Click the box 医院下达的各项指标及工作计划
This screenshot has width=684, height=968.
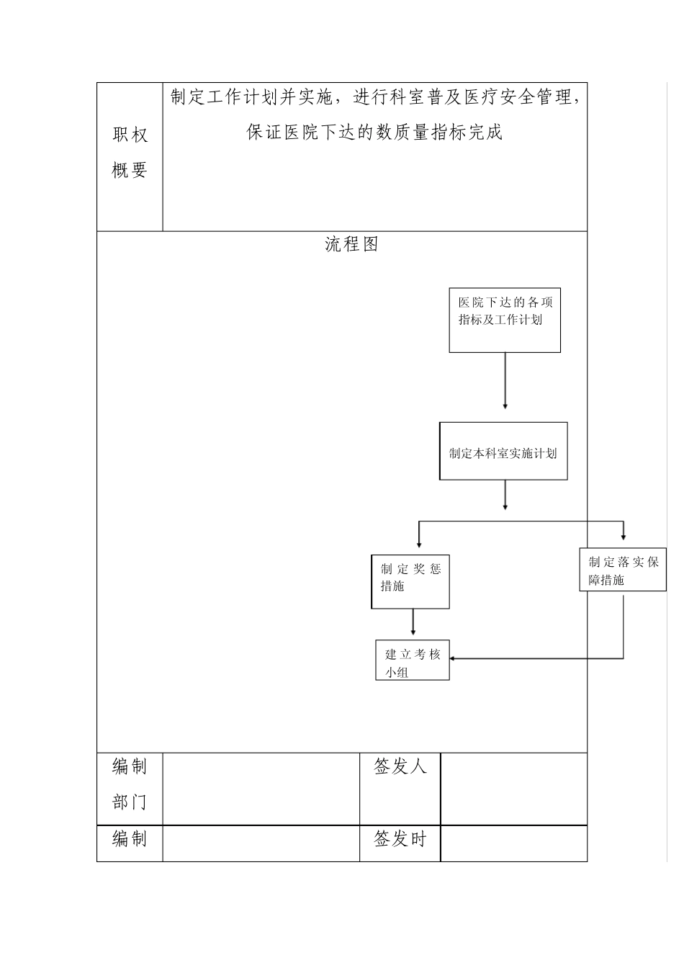(504, 321)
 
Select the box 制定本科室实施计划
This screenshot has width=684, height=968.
(503, 452)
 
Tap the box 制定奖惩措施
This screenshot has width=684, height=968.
(410, 581)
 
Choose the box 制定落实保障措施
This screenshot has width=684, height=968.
(622, 570)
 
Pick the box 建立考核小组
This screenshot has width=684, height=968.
(412, 660)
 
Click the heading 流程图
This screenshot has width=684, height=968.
(351, 244)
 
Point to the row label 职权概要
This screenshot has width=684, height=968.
(130, 153)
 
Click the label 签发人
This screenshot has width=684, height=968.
(400, 767)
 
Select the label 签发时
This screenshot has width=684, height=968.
(400, 839)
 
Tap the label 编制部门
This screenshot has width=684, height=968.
(130, 785)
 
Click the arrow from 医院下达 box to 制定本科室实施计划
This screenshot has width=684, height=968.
(505, 382)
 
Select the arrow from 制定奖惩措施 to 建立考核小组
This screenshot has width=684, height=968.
(413, 622)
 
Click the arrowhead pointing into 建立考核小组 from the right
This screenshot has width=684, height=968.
(454, 658)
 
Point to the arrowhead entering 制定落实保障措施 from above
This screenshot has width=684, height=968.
(624, 537)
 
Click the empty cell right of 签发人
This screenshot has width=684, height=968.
(513, 789)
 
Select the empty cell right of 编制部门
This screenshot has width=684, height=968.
(261, 789)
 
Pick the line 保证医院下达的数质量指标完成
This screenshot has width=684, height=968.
(374, 133)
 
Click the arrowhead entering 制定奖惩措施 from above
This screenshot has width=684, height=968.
(419, 544)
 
